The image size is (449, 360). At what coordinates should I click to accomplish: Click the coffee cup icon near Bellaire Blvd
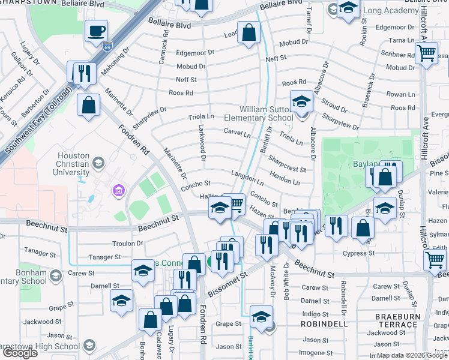(95, 31)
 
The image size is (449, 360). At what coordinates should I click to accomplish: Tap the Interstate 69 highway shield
(107, 46)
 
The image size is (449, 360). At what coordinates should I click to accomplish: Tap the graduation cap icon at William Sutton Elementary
(301, 102)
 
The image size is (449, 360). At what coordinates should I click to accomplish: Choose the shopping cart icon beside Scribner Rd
(426, 53)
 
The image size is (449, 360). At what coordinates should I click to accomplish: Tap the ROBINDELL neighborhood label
(324, 323)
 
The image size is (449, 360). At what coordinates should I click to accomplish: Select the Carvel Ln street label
(237, 132)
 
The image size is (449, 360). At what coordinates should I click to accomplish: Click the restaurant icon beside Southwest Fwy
(80, 73)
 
